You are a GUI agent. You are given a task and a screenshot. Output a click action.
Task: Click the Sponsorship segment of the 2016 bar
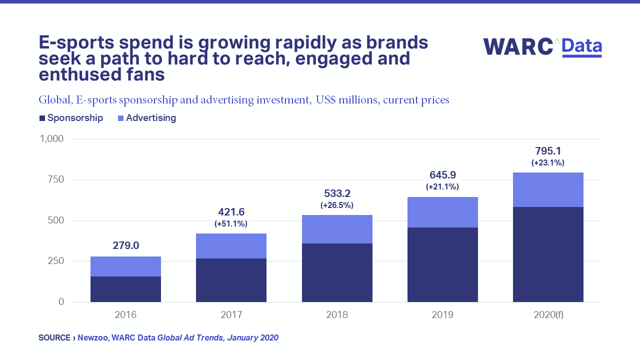125,289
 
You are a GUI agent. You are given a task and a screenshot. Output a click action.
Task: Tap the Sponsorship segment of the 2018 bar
337,272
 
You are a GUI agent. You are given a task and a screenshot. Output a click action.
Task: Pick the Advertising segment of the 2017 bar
231,246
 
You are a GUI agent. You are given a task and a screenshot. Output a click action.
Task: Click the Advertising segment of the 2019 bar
442,212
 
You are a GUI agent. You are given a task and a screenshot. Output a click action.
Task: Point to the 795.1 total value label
547,151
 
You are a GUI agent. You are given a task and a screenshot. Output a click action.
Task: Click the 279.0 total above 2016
125,245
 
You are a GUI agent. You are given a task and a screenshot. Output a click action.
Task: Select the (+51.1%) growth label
231,224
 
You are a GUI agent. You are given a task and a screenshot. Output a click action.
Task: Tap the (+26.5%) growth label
336,205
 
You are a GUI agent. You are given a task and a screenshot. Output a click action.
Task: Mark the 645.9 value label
442,175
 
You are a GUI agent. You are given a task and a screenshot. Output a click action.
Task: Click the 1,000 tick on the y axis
51,138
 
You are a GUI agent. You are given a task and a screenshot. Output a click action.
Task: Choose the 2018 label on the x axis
337,315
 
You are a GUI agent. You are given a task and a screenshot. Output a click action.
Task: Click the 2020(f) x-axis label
548,315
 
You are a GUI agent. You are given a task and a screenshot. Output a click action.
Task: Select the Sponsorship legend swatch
42,118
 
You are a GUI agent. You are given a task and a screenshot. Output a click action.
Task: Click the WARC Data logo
542,46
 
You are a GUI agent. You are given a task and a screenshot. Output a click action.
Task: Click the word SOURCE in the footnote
54,338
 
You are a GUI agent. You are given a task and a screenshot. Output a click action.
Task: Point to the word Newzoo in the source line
93,338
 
